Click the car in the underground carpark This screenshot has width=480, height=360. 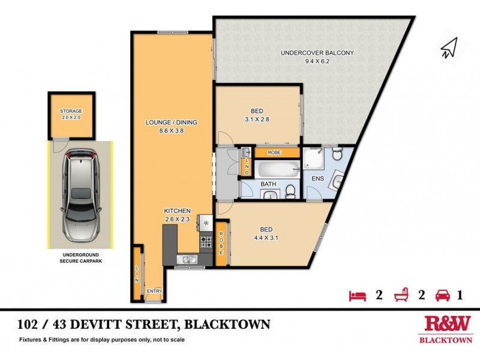79,194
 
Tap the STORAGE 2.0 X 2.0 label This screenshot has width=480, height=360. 71,114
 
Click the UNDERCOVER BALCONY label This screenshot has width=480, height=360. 317,56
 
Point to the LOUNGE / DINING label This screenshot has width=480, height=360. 171,126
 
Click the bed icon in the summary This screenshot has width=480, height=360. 357,295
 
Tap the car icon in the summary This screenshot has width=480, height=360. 443,295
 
